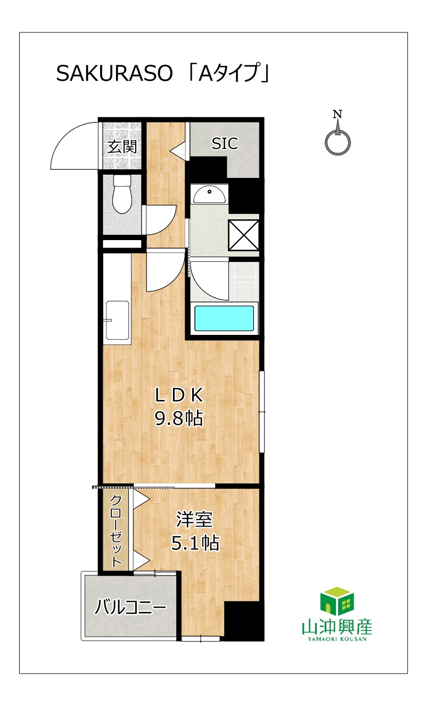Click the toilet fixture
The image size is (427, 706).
tap(122, 194)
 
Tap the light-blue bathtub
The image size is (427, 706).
tap(224, 318)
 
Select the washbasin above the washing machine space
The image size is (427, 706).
tap(209, 194)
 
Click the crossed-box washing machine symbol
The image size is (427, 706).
tap(244, 235)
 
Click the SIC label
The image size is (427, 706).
tap(225, 143)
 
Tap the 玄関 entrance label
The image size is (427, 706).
tap(122, 147)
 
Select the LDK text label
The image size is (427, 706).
tap(179, 395)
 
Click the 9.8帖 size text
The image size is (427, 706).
tap(178, 418)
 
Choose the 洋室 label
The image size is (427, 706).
tap(194, 520)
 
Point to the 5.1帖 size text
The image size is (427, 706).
tap(195, 543)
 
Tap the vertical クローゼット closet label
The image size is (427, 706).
tap(116, 531)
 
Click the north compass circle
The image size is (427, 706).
tap(338, 142)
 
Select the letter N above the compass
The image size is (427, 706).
tap(338, 114)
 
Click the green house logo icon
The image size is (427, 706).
tap(337, 601)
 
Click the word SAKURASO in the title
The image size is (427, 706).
tap(114, 74)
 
